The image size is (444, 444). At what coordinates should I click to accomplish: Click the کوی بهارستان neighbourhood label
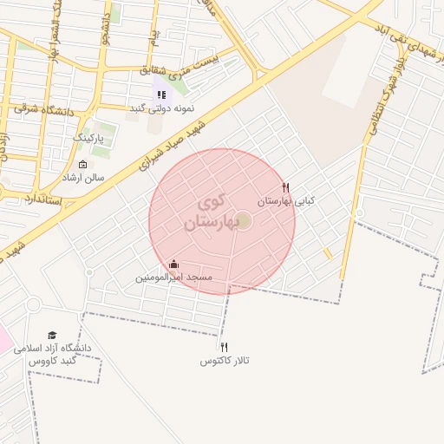pos(209,212)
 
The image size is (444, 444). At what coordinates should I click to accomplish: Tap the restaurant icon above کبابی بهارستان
pos(286,186)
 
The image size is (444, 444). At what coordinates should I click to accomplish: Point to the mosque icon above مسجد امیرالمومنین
pos(174,264)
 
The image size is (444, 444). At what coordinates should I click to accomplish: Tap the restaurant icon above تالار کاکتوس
pos(225,347)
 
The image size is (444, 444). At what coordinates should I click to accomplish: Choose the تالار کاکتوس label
pos(225,360)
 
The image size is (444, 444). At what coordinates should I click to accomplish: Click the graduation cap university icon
pos(52,335)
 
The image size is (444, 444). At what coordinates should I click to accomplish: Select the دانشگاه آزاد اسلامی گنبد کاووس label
pos(52,354)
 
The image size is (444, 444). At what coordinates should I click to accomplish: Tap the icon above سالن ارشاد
pos(82,164)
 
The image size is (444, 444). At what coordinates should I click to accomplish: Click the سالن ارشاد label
pos(82,177)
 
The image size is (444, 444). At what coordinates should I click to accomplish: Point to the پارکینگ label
pos(88,138)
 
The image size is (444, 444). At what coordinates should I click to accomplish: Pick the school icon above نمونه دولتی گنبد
pos(160,95)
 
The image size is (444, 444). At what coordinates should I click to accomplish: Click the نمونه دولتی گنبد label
pos(162,108)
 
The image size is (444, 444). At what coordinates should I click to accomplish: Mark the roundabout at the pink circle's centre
pos(243,221)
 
